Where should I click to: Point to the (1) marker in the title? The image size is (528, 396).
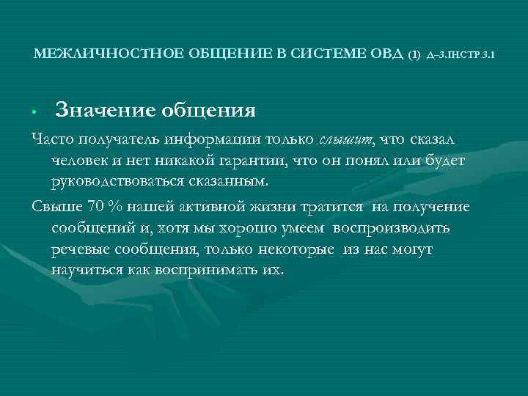pyautogui.click(x=415, y=54)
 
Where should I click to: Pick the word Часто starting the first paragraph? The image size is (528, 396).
pyautogui.click(x=52, y=140)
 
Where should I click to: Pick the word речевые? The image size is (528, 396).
pyautogui.click(x=81, y=249)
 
